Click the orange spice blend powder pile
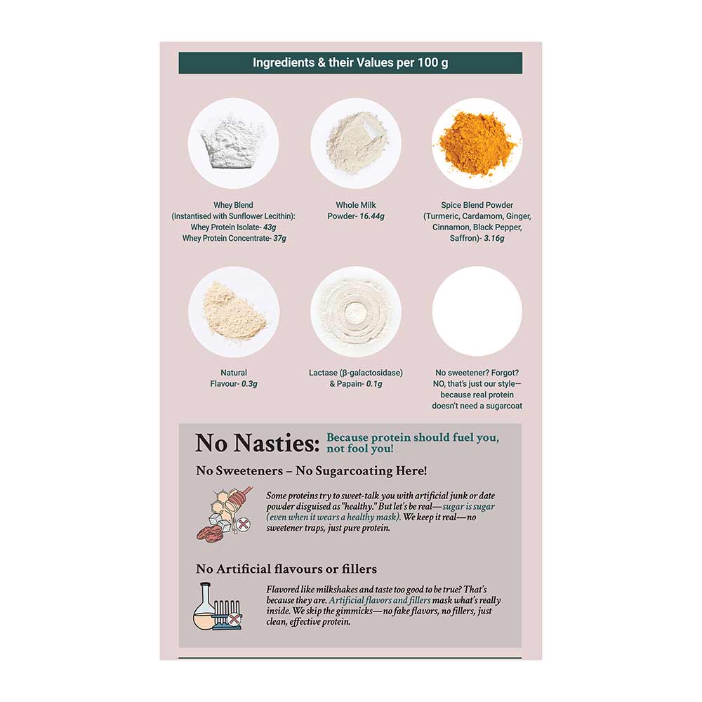pyautogui.click(x=477, y=143)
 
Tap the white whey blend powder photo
pyautogui.click(x=233, y=143)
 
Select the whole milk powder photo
pyautogui.click(x=356, y=143)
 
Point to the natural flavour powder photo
pyautogui.click(x=234, y=312)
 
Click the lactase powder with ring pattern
pyautogui.click(x=356, y=312)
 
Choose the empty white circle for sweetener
pyautogui.click(x=477, y=312)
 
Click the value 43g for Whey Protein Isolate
pyautogui.click(x=270, y=227)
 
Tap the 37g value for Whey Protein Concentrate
pyautogui.click(x=280, y=239)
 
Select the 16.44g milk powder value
pyautogui.click(x=372, y=216)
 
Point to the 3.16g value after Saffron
pyautogui.click(x=494, y=239)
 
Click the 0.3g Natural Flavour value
pyautogui.click(x=249, y=384)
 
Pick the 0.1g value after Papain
pyautogui.click(x=374, y=384)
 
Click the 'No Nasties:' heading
pyautogui.click(x=258, y=443)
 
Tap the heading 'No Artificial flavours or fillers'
pyautogui.click(x=286, y=569)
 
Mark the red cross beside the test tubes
pyautogui.click(x=234, y=619)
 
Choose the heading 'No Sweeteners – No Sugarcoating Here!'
pyautogui.click(x=312, y=471)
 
